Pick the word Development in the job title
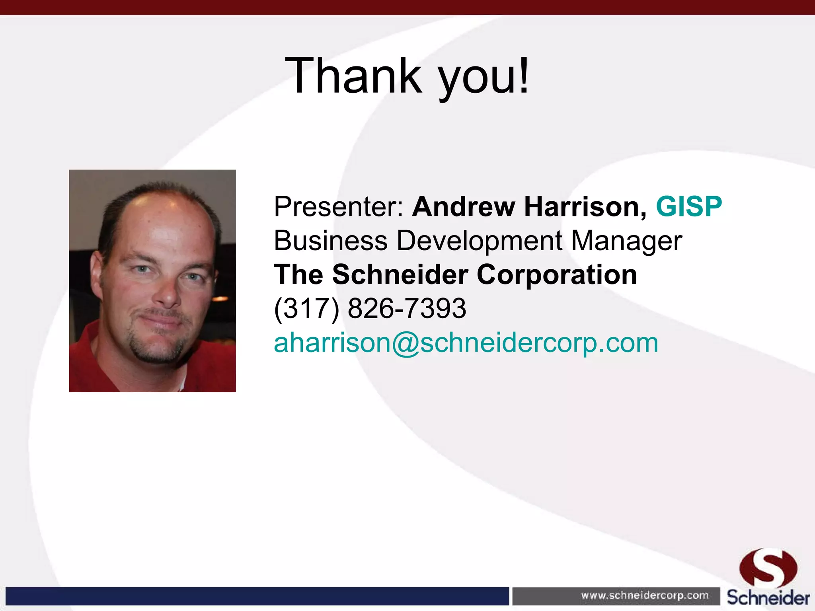click(x=480, y=241)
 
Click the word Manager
click(x=627, y=241)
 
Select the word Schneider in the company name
click(x=400, y=275)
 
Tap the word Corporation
click(x=557, y=275)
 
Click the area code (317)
click(x=306, y=309)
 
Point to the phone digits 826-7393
click(x=407, y=309)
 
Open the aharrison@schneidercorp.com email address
click(x=466, y=343)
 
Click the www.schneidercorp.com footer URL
click(x=645, y=595)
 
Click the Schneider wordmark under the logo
click(x=768, y=598)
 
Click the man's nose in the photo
click(x=169, y=296)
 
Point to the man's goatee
click(x=157, y=350)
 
